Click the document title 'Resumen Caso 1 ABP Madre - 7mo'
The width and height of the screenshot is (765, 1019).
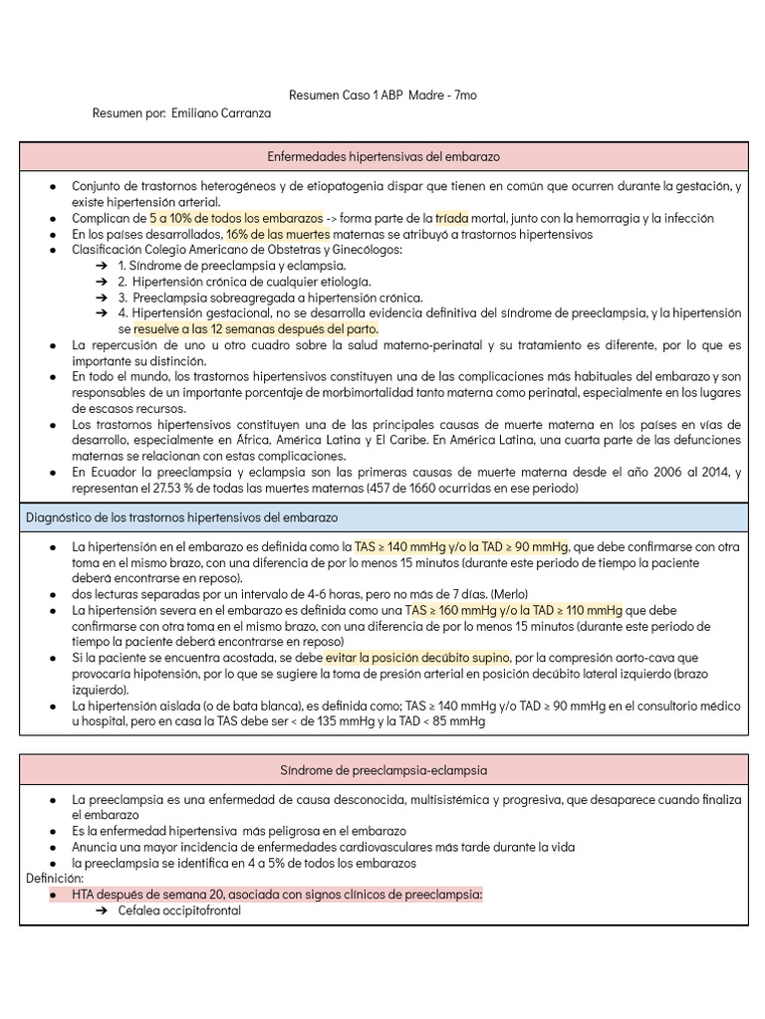tap(382, 96)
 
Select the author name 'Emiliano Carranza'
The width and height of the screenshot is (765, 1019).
tap(221, 113)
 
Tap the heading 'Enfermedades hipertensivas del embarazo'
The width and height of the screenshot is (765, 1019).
tap(383, 157)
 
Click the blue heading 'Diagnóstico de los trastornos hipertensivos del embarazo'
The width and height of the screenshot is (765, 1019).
tap(181, 518)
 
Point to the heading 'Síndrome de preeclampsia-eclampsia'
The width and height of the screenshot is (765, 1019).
tap(383, 770)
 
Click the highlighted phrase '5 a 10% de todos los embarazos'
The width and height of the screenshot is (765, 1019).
tap(236, 218)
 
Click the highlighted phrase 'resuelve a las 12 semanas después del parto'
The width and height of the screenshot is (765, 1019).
tap(256, 328)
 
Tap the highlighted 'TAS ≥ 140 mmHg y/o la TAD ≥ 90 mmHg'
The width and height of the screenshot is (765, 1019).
tap(461, 547)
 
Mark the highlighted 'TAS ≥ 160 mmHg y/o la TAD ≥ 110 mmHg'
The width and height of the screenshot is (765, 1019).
tap(514, 610)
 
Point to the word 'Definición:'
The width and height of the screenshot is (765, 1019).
tap(55, 880)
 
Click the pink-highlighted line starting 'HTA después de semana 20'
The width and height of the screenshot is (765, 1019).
tap(277, 895)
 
